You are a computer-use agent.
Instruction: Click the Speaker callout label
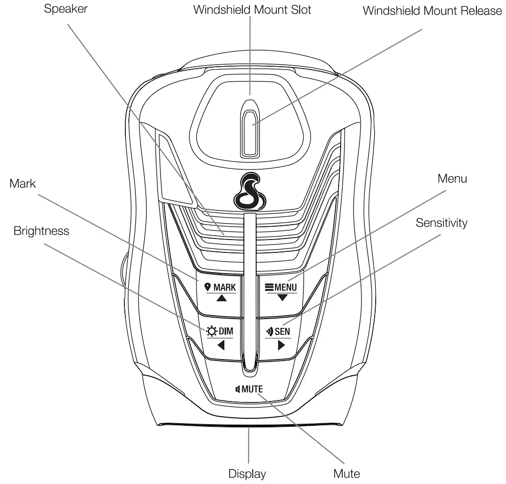(66, 9)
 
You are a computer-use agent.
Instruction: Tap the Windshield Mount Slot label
(252, 10)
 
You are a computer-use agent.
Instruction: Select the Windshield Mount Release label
(432, 11)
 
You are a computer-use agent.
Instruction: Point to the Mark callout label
(23, 184)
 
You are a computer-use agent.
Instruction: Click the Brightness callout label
(41, 231)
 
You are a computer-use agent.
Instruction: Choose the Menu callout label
(452, 179)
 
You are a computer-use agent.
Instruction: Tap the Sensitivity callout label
(441, 223)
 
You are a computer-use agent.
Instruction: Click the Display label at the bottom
(247, 474)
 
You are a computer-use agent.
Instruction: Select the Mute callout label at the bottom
(347, 474)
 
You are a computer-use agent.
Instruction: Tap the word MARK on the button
(225, 287)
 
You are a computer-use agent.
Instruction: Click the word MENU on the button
(285, 287)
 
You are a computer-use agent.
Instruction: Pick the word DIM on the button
(226, 331)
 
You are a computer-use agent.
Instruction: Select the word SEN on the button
(282, 331)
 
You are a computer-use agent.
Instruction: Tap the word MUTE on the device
(252, 389)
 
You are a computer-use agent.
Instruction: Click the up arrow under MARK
(221, 298)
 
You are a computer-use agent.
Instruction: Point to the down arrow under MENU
(282, 298)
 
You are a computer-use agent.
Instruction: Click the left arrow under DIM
(221, 345)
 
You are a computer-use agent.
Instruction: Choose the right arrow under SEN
(281, 345)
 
